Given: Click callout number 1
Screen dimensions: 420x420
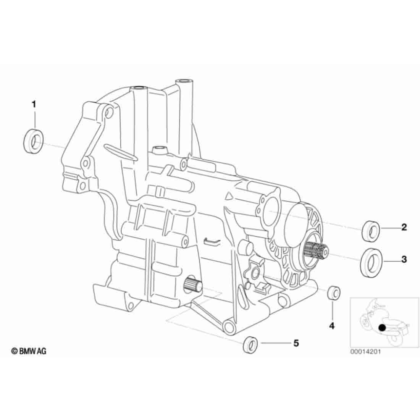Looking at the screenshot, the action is click(x=34, y=104).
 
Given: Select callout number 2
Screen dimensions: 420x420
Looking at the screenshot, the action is click(x=404, y=228).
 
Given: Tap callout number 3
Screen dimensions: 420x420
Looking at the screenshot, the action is click(x=404, y=259).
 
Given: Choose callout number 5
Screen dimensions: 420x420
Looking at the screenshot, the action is click(x=296, y=343).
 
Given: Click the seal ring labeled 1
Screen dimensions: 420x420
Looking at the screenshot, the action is click(x=34, y=141).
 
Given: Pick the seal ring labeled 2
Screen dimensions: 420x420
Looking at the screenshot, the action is click(x=371, y=231).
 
